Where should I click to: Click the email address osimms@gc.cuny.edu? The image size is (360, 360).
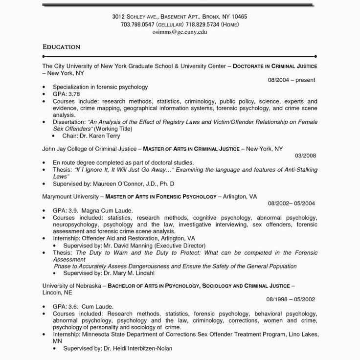click(x=180, y=32)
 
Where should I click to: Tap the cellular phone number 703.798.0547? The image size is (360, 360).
click(x=135, y=24)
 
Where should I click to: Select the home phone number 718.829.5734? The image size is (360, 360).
click(x=201, y=24)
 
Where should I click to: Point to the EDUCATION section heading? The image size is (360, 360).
click(x=61, y=47)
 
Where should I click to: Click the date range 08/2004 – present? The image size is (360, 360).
click(x=291, y=79)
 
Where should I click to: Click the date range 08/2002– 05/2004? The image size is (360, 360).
click(x=292, y=202)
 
